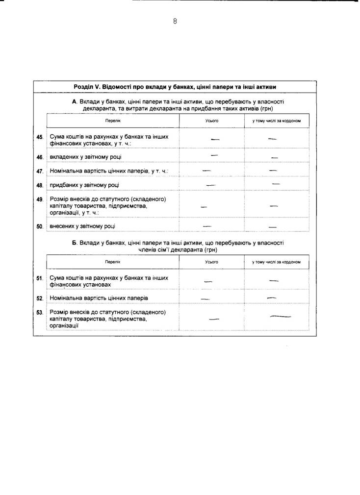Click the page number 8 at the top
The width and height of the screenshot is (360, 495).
tap(175, 21)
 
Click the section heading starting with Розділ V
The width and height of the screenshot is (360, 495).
tap(175, 87)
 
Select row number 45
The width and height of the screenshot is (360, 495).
tap(40, 137)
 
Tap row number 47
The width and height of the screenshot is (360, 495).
tap(40, 172)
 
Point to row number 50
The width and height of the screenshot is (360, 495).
tap(40, 226)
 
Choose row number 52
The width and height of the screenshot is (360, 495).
tap(40, 298)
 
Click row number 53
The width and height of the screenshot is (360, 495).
tap(40, 312)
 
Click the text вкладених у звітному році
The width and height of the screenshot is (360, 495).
tap(86, 157)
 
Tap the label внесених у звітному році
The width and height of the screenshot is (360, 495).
tap(83, 226)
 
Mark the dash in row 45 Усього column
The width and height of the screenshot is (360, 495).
tap(215, 139)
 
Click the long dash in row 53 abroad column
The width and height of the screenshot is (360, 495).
tap(281, 317)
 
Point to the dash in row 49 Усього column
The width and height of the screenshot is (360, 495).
tap(204, 207)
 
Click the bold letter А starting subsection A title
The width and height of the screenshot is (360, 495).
tap(75, 101)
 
